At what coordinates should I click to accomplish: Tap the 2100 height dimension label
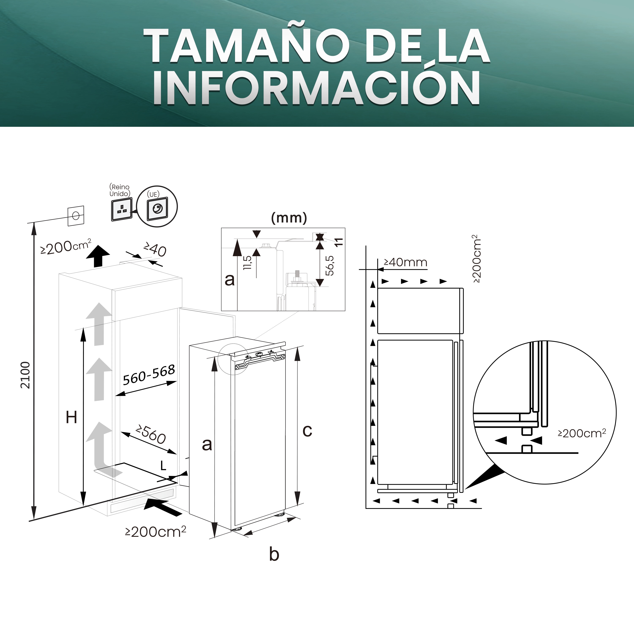25,375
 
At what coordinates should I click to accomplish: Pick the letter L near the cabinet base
163,466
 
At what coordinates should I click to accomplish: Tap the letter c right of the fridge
307,431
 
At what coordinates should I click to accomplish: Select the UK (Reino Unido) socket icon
122,209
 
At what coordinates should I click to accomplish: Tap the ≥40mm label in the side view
406,262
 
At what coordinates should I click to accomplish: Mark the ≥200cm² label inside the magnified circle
582,433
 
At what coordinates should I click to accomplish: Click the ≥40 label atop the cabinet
155,250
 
